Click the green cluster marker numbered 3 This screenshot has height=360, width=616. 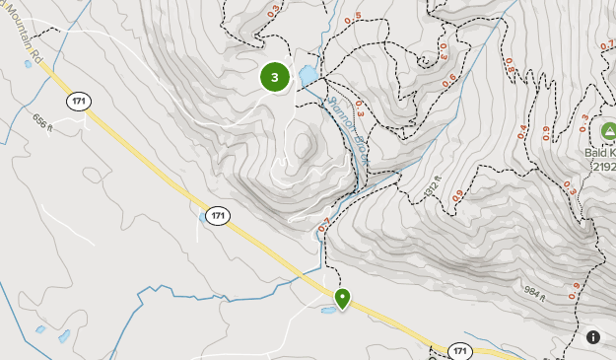[275, 76]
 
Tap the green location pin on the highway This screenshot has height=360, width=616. [343, 298]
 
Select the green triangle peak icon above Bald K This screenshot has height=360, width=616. [609, 130]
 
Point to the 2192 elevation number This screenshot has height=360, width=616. [603, 168]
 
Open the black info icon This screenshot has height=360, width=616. [593, 337]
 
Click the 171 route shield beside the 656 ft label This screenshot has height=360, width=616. [79, 101]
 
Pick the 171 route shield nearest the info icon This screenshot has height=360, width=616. [460, 350]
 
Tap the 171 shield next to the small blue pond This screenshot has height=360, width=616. [219, 215]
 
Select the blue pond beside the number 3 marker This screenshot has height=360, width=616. [307, 75]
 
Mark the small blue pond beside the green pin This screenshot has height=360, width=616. [326, 310]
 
